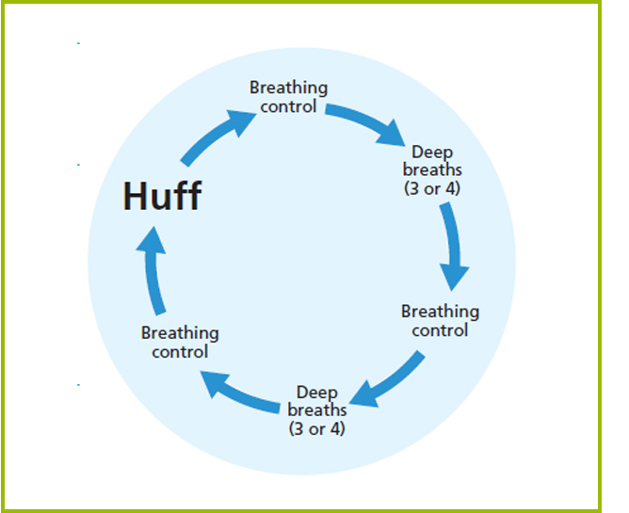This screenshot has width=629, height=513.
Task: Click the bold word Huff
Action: tap(162, 197)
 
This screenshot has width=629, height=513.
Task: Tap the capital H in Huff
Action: tap(137, 197)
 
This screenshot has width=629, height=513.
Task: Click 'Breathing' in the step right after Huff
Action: tap(288, 88)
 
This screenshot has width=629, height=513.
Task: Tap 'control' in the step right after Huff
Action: tap(289, 105)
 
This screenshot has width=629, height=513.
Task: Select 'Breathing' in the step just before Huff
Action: tap(180, 332)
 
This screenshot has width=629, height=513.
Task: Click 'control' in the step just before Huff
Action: tap(180, 351)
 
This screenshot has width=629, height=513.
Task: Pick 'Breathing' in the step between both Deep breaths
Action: tap(440, 311)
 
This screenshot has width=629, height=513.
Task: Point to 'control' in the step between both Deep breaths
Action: tap(440, 329)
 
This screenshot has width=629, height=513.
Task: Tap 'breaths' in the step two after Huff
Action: tap(432, 169)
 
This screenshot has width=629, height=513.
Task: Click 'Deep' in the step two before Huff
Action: tap(316, 392)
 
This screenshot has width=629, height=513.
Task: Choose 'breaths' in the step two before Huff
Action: tap(316, 409)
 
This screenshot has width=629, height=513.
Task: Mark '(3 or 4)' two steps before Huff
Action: tap(316, 428)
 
